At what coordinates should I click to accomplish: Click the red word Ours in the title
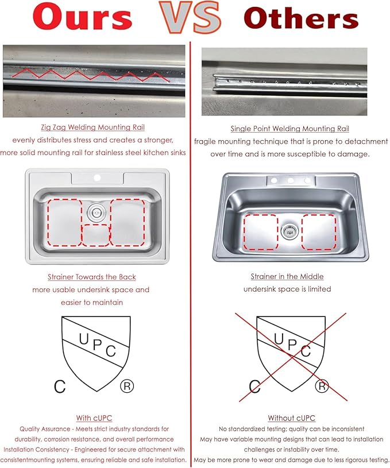(82, 17)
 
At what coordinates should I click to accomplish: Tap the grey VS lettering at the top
(191, 17)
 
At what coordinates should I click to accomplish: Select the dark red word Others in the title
(301, 18)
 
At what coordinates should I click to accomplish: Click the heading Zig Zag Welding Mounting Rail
(93, 127)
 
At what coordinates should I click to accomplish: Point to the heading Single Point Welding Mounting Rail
(289, 129)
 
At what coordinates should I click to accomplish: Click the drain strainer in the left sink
(96, 212)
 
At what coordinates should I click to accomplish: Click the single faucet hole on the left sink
(97, 178)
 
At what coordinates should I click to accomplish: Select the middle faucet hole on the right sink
(291, 180)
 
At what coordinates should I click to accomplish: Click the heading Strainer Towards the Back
(92, 277)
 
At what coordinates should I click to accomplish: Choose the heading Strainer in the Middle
(287, 277)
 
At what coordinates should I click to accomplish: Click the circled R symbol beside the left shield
(127, 386)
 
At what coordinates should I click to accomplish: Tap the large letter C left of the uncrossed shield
(60, 386)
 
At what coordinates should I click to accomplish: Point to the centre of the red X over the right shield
(292, 356)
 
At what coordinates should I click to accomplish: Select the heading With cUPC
(94, 418)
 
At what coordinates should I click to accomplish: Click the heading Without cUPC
(291, 418)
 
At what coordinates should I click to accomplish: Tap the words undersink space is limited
(287, 289)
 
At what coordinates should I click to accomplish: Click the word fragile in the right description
(204, 141)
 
